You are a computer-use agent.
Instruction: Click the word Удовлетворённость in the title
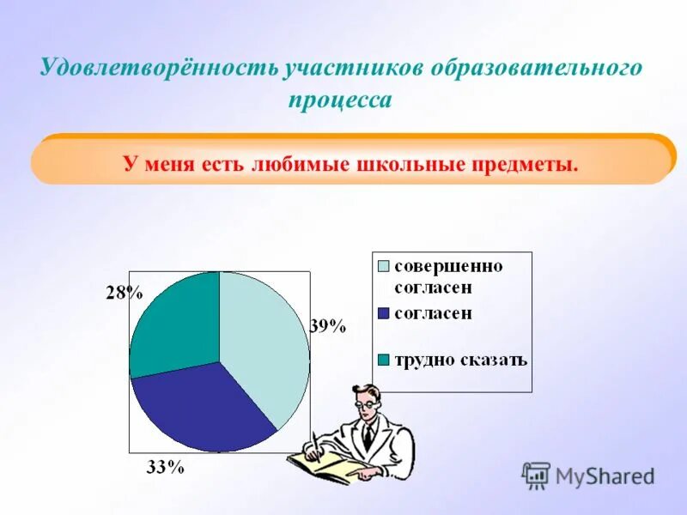160,69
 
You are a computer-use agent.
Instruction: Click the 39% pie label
327,326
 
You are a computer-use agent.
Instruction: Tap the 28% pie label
124,293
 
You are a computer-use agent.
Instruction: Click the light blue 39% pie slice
266,343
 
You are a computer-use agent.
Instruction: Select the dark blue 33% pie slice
202,408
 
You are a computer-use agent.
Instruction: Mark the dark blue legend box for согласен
384,313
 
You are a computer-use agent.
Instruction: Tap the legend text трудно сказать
460,360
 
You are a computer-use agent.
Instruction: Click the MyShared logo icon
536,475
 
